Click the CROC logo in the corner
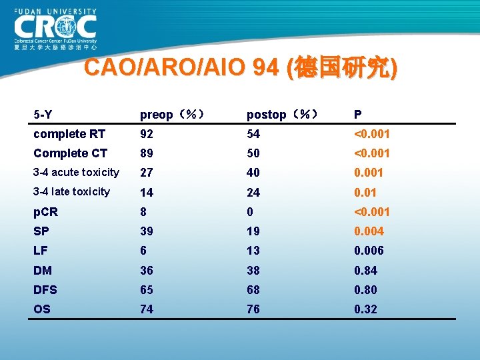click(55, 28)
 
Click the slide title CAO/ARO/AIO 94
click(241, 68)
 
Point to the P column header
click(358, 115)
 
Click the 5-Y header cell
click(43, 115)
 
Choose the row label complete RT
click(69, 134)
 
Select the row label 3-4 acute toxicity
click(77, 173)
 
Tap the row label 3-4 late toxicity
click(72, 192)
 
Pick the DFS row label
click(45, 290)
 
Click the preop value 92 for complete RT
click(147, 134)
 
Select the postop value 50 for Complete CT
click(254, 153)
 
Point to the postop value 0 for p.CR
click(250, 212)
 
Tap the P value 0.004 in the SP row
click(369, 231)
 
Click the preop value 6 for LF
click(143, 251)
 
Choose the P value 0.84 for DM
click(365, 271)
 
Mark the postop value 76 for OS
click(254, 309)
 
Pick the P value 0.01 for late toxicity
click(365, 193)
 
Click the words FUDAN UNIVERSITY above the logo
click(55, 11)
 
